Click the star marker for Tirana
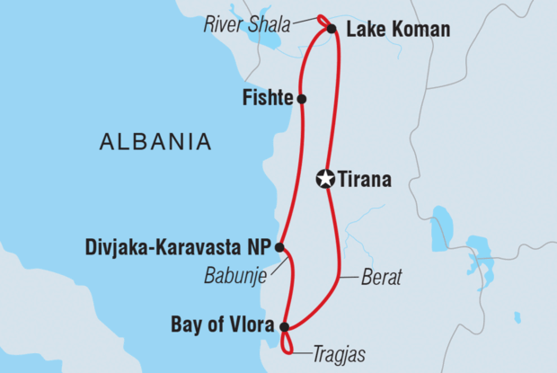326,179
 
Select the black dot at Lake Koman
332,30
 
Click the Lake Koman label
397,31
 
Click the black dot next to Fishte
302,99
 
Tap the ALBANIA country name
156,141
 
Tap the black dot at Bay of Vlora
285,327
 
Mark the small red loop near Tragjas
287,343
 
